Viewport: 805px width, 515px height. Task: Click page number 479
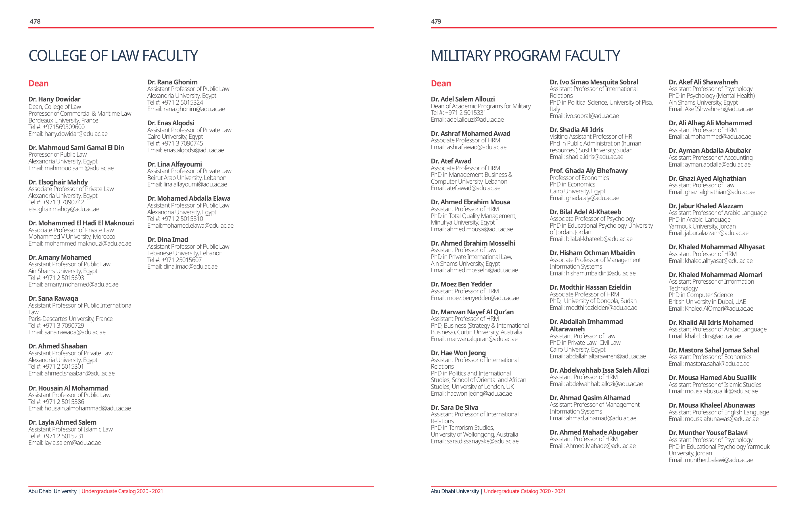(x=436, y=21)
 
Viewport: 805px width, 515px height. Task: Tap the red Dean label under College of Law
(x=38, y=83)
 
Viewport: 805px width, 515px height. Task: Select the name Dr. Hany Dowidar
(x=54, y=99)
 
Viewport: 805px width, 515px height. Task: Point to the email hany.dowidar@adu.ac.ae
(x=76, y=134)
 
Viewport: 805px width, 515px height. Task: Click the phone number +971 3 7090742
(x=64, y=202)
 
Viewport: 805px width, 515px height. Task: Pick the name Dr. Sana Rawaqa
(x=53, y=298)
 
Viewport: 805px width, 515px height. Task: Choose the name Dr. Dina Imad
(x=168, y=239)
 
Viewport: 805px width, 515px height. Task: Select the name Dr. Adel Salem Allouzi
(x=463, y=99)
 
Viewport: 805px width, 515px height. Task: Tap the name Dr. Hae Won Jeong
(x=458, y=353)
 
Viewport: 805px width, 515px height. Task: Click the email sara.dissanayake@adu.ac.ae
(x=483, y=441)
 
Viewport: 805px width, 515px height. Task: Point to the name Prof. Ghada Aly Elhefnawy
(x=588, y=171)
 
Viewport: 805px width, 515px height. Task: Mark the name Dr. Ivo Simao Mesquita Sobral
(x=594, y=82)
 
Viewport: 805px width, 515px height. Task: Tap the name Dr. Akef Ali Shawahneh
(x=703, y=82)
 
